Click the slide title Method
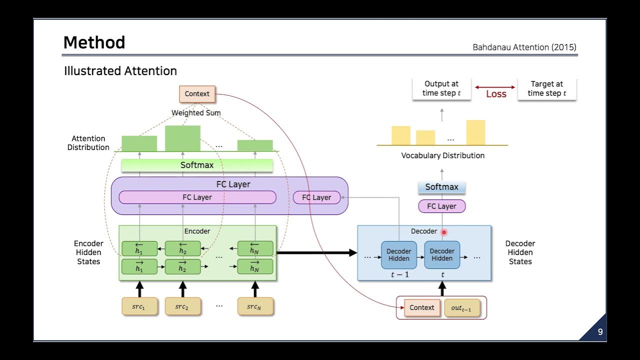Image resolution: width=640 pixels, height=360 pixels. pyautogui.click(x=94, y=42)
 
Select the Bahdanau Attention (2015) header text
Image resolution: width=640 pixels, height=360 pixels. pyautogui.click(x=524, y=47)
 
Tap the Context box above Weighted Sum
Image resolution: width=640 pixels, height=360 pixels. pyautogui.click(x=197, y=93)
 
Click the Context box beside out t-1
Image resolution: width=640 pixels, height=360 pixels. pyautogui.click(x=421, y=307)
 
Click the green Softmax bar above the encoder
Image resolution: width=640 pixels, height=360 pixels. pyautogui.click(x=197, y=165)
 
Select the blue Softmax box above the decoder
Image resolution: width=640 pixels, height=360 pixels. pyautogui.click(x=441, y=187)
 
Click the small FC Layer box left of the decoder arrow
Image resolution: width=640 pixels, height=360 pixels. pyautogui.click(x=316, y=197)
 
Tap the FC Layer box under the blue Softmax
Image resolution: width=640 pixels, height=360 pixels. pyautogui.click(x=441, y=206)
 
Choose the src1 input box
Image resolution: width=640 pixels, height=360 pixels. pyautogui.click(x=139, y=306)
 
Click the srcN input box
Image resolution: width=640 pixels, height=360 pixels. pyautogui.click(x=255, y=306)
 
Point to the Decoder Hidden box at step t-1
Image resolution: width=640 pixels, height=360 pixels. pyautogui.click(x=398, y=254)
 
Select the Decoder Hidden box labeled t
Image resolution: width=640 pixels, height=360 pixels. pyautogui.click(x=442, y=254)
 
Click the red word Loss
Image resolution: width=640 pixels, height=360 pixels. pyautogui.click(x=496, y=94)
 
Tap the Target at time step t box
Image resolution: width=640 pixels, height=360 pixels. pyautogui.click(x=546, y=89)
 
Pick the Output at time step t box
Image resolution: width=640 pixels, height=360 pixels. pyautogui.click(x=441, y=89)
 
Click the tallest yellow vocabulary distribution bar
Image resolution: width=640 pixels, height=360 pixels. pyautogui.click(x=475, y=132)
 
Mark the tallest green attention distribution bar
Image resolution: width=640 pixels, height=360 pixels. pyautogui.click(x=182, y=138)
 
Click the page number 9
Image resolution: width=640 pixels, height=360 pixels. pyautogui.click(x=600, y=332)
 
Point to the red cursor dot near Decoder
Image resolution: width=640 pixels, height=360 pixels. pyautogui.click(x=443, y=232)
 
